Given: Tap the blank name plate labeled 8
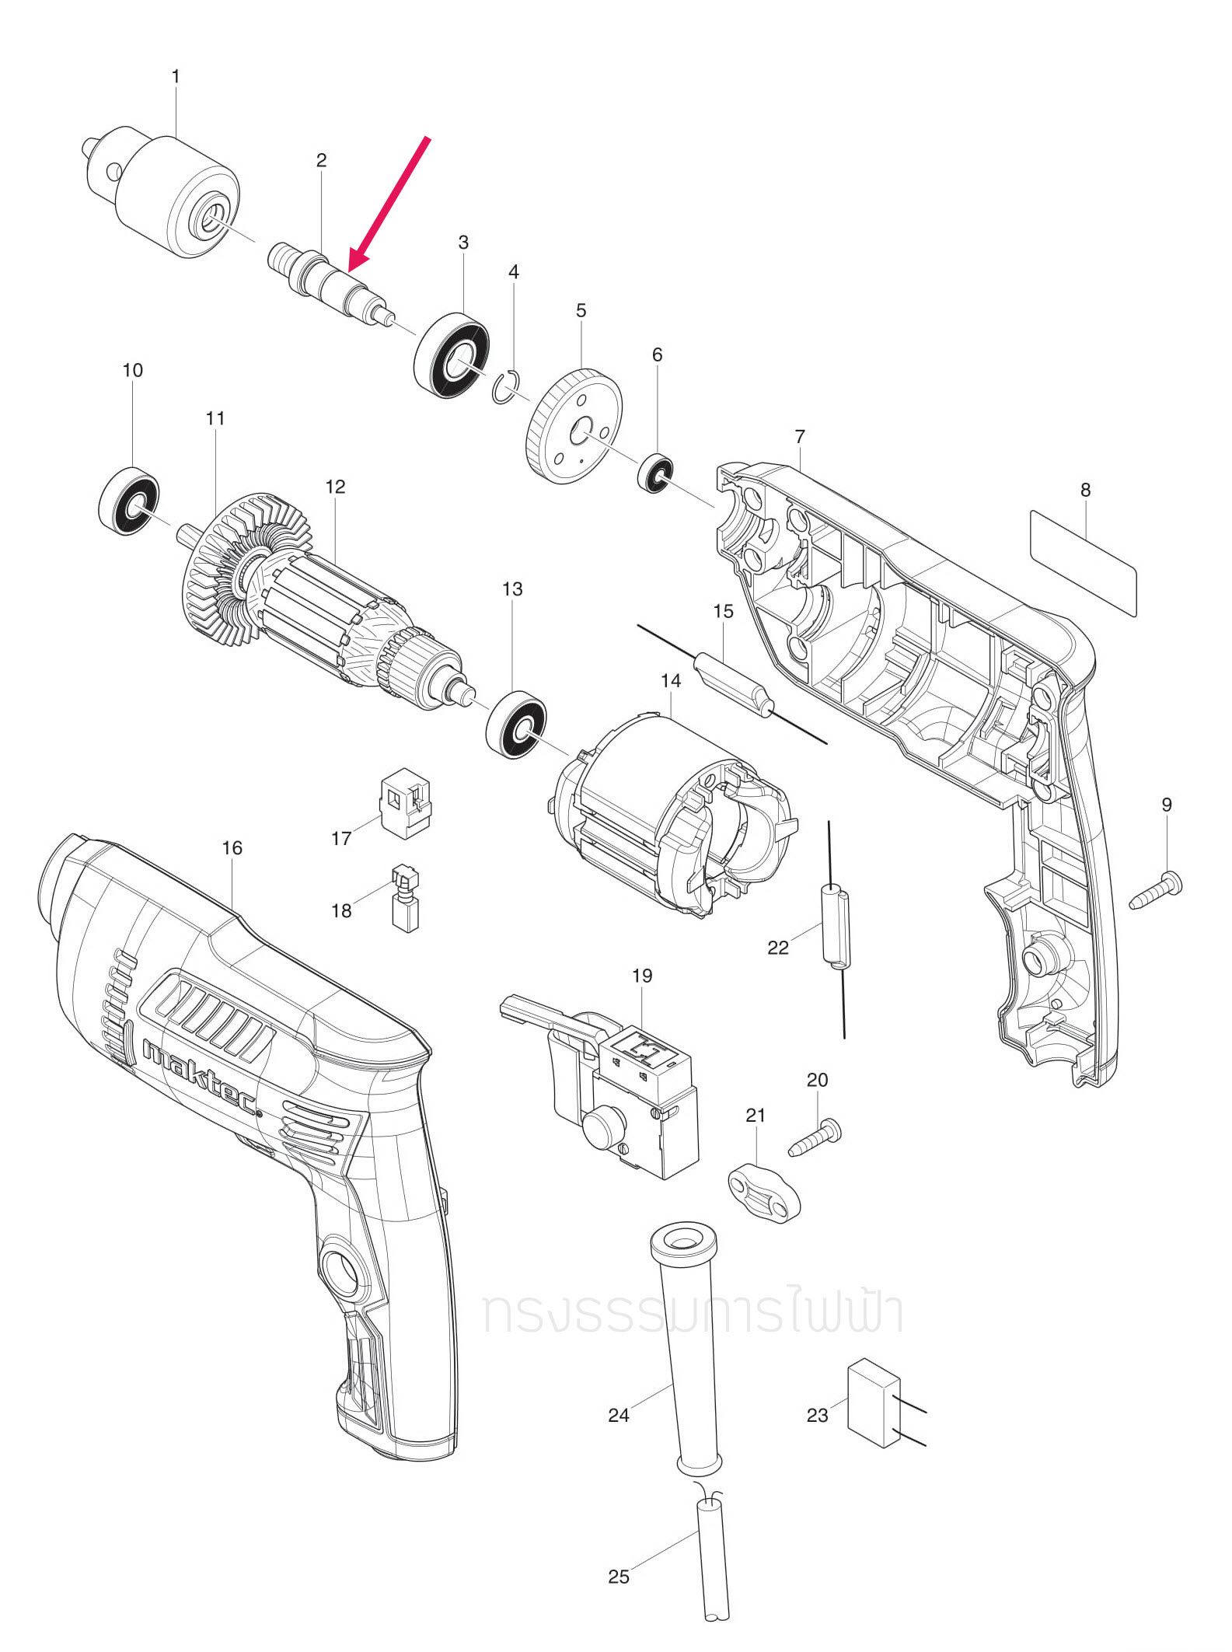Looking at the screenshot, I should [1083, 562].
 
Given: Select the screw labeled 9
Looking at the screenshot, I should [1157, 892].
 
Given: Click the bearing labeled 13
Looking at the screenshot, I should [516, 724].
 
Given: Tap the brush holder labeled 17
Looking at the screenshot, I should [405, 804].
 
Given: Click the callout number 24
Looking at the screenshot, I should [618, 1415].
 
